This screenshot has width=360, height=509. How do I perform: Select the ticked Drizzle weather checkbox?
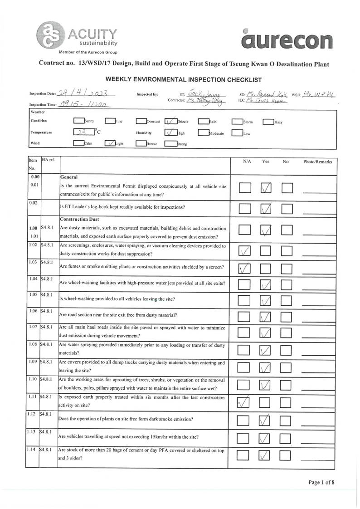pyautogui.click(x=170, y=122)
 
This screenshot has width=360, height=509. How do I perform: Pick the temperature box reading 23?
pyautogui.click(x=82, y=133)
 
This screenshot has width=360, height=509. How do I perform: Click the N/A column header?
pyautogui.click(x=247, y=162)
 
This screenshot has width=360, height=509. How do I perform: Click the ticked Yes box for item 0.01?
pyautogui.click(x=266, y=187)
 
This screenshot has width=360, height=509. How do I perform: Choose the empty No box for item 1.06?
pyautogui.click(x=287, y=316)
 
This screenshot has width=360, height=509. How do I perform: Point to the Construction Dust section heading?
pyautogui.click(x=77, y=219)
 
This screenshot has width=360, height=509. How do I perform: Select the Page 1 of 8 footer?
pyautogui.click(x=321, y=482)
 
